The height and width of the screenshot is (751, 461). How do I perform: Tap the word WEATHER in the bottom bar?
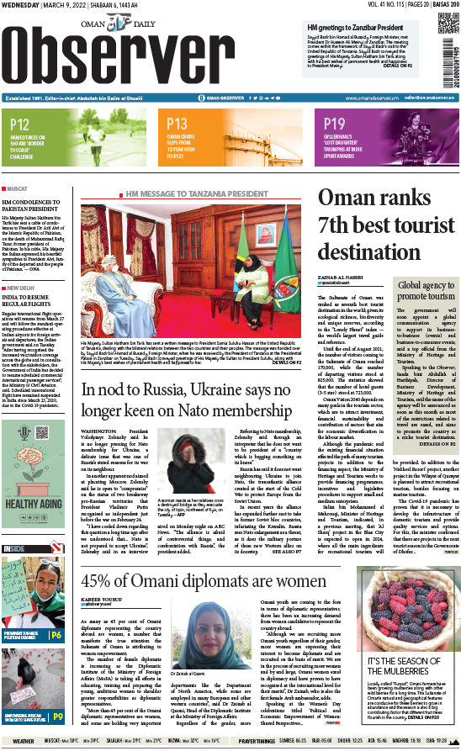(x=24, y=741)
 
